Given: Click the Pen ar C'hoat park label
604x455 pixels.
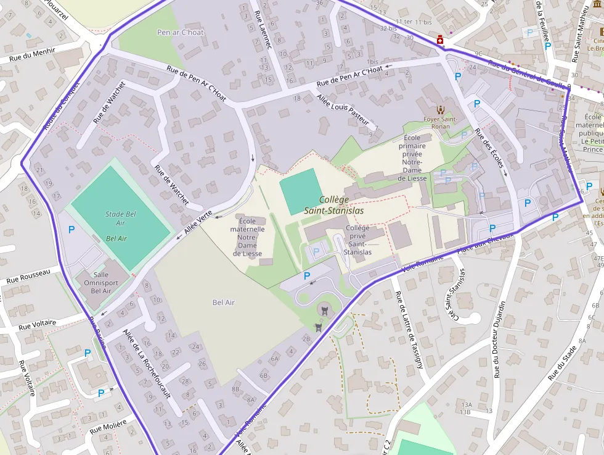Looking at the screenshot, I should (180, 32).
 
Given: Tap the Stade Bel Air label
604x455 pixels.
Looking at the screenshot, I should (120, 219).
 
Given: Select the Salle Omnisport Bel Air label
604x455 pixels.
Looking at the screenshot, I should (97, 282).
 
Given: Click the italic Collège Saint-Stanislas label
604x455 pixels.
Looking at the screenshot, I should (334, 205).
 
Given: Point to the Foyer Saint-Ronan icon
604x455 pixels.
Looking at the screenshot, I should (440, 109).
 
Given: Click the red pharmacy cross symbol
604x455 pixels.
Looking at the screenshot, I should (440, 40).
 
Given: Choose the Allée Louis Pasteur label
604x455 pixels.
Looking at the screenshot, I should (343, 110).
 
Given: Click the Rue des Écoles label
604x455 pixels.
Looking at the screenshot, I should (491, 155).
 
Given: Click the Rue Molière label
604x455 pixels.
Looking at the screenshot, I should (108, 426).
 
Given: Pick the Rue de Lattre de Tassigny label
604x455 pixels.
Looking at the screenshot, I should (410, 330).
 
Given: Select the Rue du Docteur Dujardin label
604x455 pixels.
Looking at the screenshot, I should (500, 339).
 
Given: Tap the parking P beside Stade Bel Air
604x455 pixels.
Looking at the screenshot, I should (71, 230).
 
